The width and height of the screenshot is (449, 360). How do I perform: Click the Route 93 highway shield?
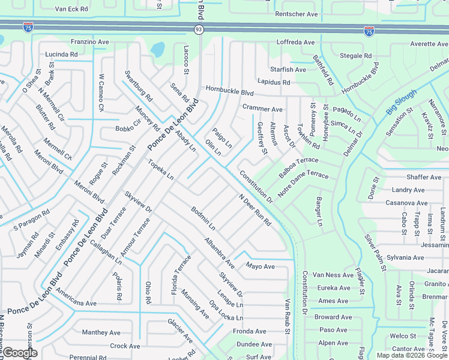point(198,29)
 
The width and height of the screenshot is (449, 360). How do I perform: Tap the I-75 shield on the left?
point(28,27)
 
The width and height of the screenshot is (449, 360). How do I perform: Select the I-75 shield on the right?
point(368,31)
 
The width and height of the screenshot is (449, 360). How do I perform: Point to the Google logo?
point(20,353)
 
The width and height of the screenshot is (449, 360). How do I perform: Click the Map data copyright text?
point(412,355)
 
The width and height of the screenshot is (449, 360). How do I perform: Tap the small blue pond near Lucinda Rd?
point(158,49)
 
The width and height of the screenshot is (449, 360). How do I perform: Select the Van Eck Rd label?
point(71,10)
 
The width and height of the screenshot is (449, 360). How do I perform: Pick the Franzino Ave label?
point(90,43)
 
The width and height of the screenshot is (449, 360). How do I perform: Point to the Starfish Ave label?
point(288,70)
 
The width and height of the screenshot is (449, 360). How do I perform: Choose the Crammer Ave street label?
point(262,109)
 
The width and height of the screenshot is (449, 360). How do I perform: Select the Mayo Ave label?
point(260,266)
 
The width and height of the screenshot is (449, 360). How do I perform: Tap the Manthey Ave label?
point(101,332)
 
